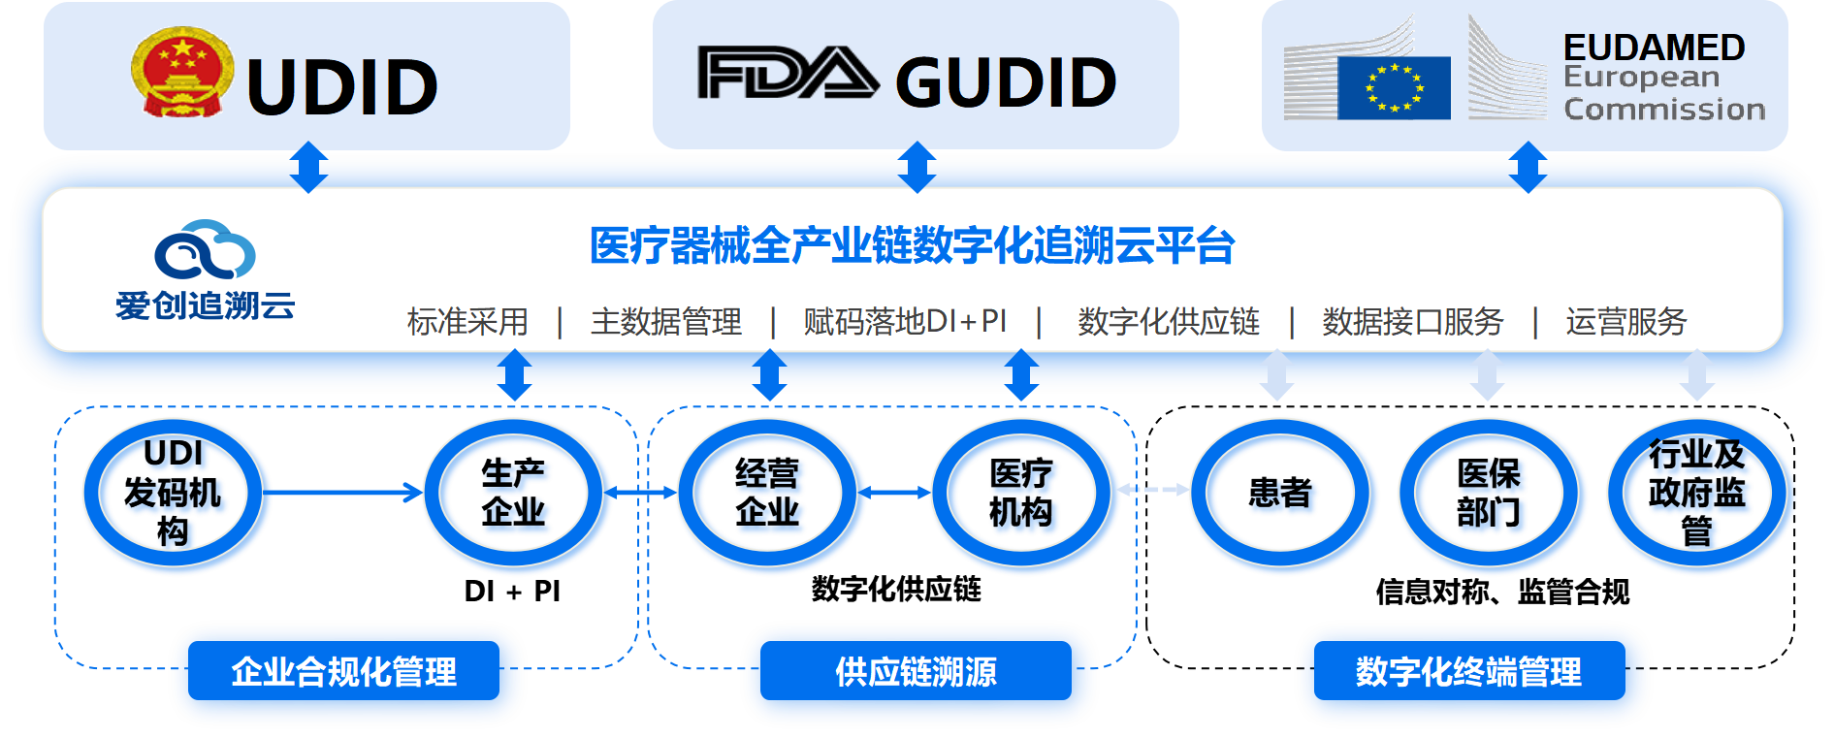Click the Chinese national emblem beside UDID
click(x=182, y=73)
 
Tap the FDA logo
click(x=788, y=75)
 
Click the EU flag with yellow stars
click(x=1394, y=88)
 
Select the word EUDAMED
click(x=1654, y=48)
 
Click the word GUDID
click(x=1006, y=82)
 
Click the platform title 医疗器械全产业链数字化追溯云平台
click(x=912, y=245)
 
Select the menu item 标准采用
click(x=467, y=321)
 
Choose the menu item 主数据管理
click(x=666, y=321)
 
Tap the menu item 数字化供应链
click(x=1169, y=321)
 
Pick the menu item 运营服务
click(x=1626, y=321)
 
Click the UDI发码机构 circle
click(x=175, y=494)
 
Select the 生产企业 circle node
click(x=516, y=494)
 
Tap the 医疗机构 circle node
click(x=1023, y=494)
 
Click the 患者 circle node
click(x=1282, y=494)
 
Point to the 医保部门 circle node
click(x=1491, y=494)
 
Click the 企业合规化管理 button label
click(x=345, y=672)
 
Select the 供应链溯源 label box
click(x=917, y=672)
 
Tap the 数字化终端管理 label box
click(x=1469, y=672)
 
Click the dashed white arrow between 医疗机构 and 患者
click(x=1154, y=490)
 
